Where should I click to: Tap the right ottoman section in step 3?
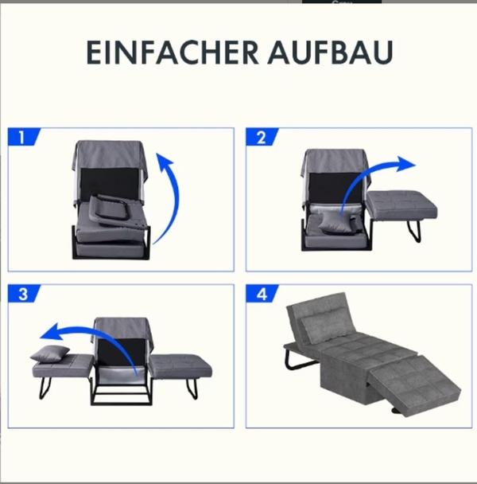click(x=181, y=366)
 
